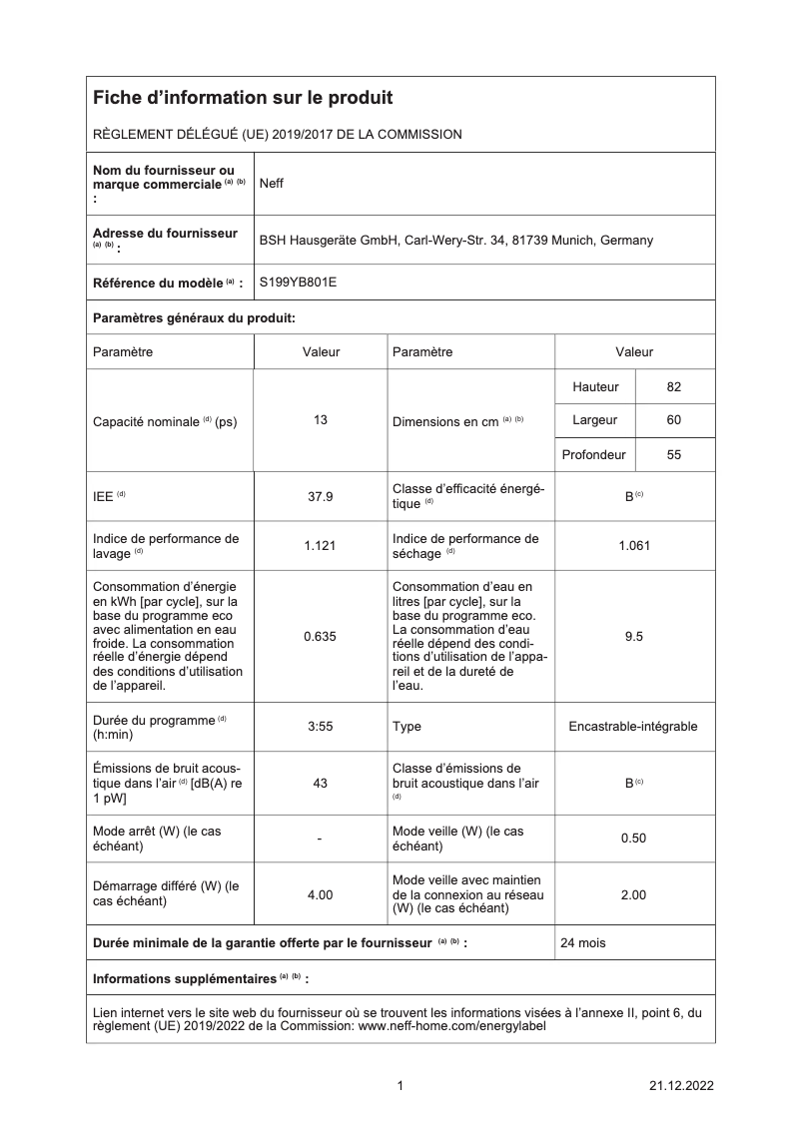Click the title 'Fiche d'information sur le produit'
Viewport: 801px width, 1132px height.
click(x=243, y=98)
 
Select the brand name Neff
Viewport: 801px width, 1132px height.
click(x=272, y=184)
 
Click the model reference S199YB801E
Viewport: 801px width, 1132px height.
click(x=298, y=283)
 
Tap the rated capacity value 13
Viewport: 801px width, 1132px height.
click(x=321, y=420)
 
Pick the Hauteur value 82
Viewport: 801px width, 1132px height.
click(x=674, y=387)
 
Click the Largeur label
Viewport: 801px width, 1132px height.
click(x=594, y=420)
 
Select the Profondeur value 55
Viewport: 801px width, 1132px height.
click(x=674, y=454)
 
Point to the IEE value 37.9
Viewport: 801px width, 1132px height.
click(x=321, y=495)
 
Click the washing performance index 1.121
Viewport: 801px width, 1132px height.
click(x=321, y=546)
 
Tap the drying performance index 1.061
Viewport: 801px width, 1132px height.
click(x=634, y=546)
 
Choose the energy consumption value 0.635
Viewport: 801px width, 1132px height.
click(x=321, y=637)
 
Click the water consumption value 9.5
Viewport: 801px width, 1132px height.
click(x=634, y=637)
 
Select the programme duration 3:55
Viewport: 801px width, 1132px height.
click(x=321, y=727)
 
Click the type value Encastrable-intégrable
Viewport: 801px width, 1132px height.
click(x=633, y=727)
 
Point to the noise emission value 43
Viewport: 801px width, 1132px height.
click(x=321, y=784)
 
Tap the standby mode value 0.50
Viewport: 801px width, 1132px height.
click(x=634, y=839)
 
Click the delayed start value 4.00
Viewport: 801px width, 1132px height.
click(x=321, y=894)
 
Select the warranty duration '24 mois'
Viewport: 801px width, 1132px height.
click(x=583, y=942)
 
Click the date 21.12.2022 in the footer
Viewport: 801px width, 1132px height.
click(x=680, y=1086)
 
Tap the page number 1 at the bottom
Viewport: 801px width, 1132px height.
click(x=400, y=1086)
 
